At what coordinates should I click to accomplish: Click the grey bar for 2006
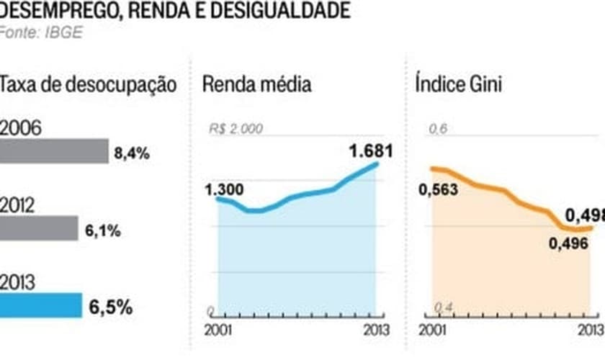click(54, 151)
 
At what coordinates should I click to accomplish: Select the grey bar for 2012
click(39, 228)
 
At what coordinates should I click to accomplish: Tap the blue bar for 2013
click(41, 305)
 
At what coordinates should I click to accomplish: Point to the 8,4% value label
click(132, 153)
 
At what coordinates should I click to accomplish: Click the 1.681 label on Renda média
click(371, 151)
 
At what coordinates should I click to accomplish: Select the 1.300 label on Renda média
click(224, 190)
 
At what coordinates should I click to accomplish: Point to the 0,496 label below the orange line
click(568, 245)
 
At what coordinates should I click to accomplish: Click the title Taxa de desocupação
click(88, 84)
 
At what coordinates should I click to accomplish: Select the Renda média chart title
click(256, 84)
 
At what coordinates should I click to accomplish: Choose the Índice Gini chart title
click(459, 84)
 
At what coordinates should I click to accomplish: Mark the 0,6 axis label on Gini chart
click(439, 130)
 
